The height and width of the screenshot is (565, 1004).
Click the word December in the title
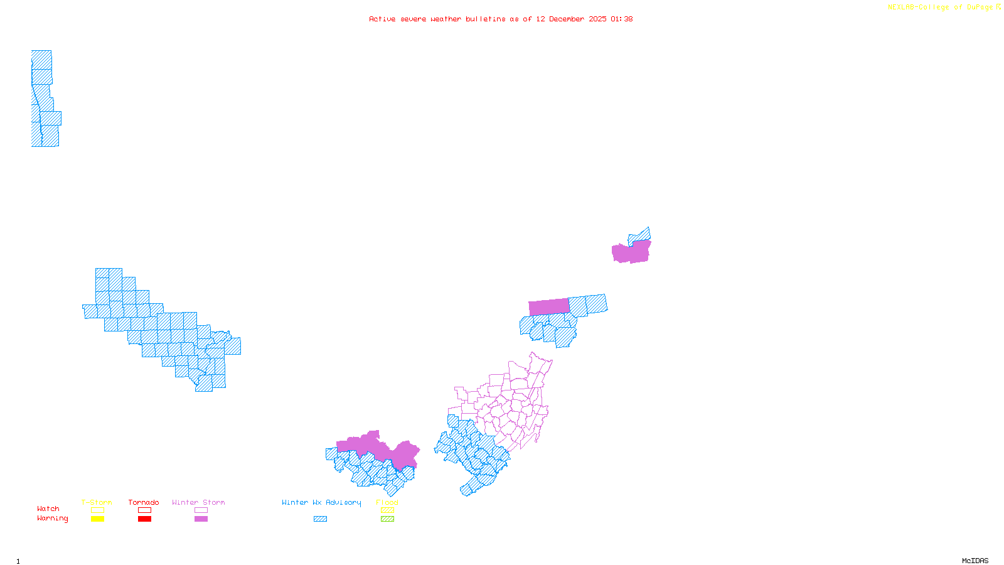coord(567,19)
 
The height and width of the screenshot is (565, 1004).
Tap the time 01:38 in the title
coord(621,19)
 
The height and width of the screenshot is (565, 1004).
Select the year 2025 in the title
coord(597,19)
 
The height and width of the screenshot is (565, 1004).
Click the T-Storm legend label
coord(97,502)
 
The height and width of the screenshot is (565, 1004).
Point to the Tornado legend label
coord(144,502)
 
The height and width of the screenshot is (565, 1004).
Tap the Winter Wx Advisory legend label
coord(321,502)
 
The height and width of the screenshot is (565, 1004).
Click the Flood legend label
coord(387,502)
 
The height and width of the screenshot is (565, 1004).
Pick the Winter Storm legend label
coord(198,502)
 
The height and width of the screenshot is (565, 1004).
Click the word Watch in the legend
coord(48,508)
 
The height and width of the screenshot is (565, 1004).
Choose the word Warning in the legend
coord(53,519)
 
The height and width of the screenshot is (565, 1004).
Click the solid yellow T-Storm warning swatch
coord(97,519)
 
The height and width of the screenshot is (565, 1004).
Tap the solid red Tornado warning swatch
coord(144,519)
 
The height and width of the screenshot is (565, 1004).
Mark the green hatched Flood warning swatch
coord(388,519)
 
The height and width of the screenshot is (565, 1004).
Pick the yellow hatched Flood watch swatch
coord(388,510)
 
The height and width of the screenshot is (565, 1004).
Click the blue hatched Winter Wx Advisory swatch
coord(320,519)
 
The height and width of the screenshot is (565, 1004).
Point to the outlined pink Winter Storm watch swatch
coord(201,510)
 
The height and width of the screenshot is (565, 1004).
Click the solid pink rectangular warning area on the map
coord(549,307)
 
